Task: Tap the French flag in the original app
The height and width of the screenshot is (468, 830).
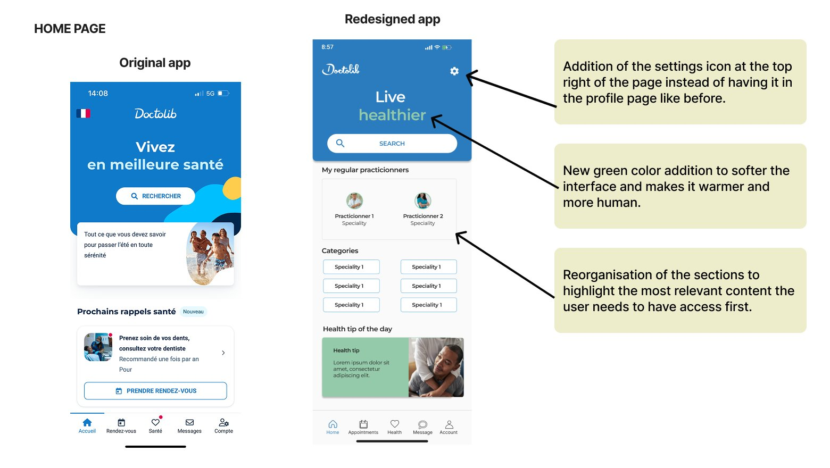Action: point(84,113)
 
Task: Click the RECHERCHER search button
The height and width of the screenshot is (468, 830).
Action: point(155,196)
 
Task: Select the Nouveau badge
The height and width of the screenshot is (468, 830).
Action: point(194,312)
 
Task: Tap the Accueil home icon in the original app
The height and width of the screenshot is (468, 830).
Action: point(87,422)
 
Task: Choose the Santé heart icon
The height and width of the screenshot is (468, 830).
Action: point(155,422)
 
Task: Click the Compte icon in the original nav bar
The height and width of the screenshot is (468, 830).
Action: point(224,422)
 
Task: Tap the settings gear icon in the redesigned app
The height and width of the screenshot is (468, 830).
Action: point(454,71)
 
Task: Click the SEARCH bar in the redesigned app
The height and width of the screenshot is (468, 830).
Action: point(392,143)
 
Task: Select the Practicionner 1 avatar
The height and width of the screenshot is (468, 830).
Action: point(354,201)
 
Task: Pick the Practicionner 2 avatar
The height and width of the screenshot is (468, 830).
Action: point(423,201)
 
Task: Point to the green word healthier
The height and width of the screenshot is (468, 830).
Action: point(393,115)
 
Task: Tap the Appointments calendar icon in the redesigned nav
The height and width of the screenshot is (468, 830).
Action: point(363,424)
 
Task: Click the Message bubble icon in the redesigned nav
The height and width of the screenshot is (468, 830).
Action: point(423,424)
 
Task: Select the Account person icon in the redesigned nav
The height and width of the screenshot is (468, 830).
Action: point(449,424)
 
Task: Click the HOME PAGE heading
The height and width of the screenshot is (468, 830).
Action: point(70,29)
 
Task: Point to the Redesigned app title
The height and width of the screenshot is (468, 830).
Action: point(393,19)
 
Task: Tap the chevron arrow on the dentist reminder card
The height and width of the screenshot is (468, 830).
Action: point(223,353)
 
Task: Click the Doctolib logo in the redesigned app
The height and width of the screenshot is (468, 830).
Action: point(341,69)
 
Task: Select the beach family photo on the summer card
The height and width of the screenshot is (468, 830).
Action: point(210,254)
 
